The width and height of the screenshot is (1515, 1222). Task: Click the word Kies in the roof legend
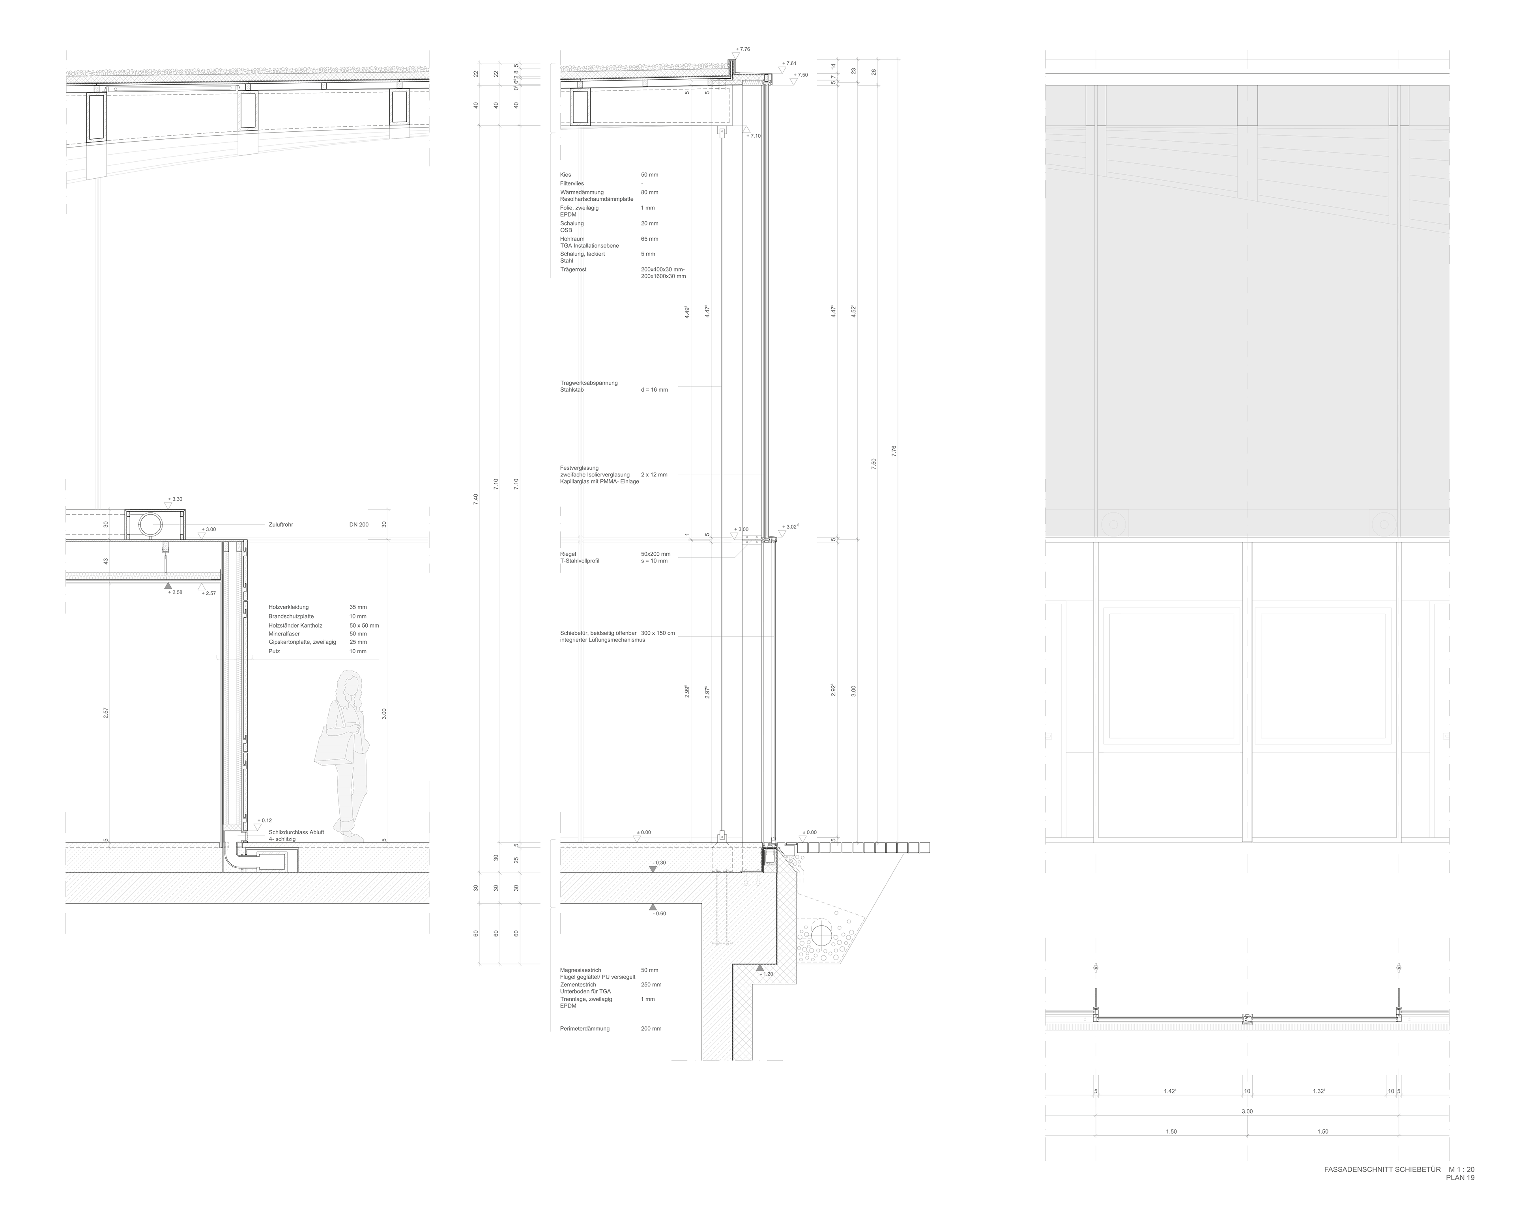tap(565, 175)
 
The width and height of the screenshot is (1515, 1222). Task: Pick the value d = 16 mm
tap(654, 389)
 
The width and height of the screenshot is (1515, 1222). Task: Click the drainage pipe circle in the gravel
tap(821, 933)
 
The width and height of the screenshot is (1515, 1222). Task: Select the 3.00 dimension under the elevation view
tap(1247, 1112)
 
